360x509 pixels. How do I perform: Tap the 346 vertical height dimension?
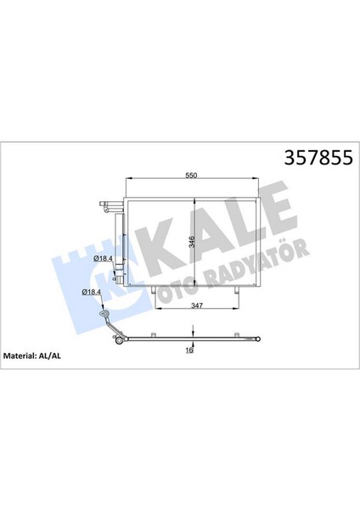[190, 242]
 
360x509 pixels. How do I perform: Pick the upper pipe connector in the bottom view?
[104, 313]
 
